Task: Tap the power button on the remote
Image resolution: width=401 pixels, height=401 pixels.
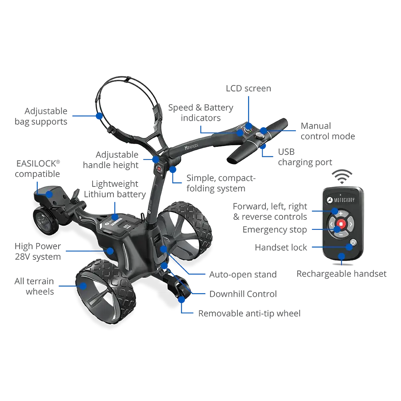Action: point(352,243)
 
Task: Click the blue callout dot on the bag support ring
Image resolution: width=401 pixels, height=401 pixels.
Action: point(99,115)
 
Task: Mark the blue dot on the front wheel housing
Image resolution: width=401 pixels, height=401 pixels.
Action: point(49,194)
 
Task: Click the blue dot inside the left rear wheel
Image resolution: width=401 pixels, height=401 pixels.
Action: point(83,286)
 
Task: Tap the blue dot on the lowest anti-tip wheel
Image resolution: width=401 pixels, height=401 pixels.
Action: point(182,299)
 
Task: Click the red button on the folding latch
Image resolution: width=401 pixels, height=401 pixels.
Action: point(159,169)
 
